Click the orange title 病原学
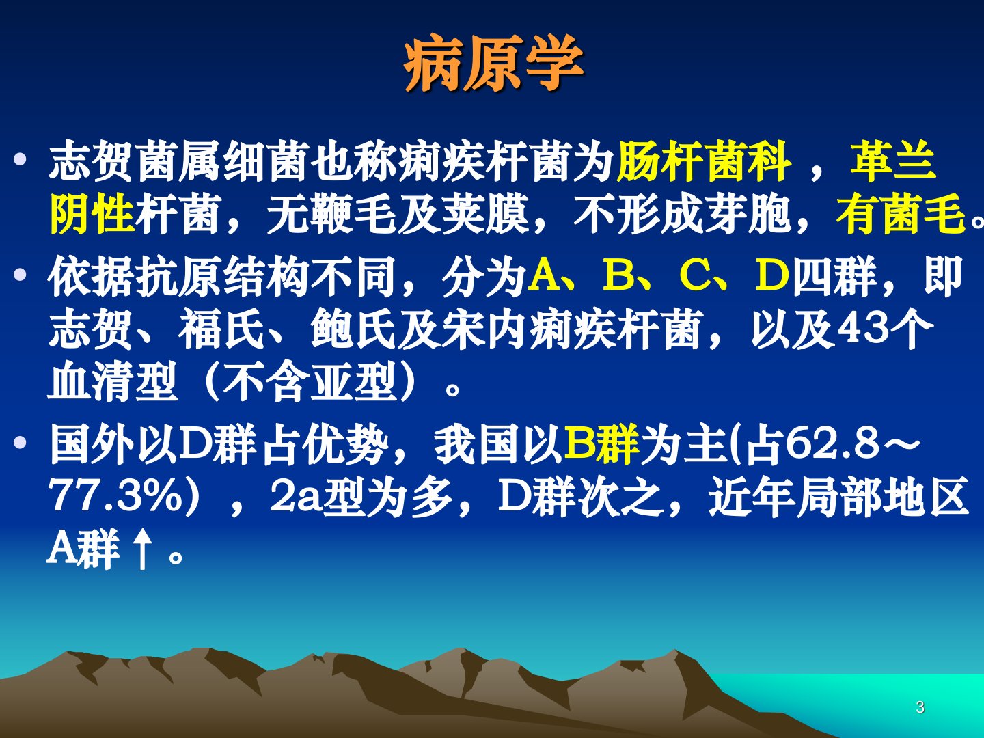tap(493, 63)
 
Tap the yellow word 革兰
tap(893, 161)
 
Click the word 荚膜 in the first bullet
tap(485, 214)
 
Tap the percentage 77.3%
tap(118, 497)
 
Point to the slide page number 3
tap(920, 707)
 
